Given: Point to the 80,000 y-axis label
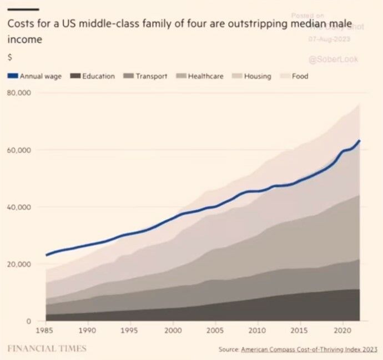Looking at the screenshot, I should coord(19,93).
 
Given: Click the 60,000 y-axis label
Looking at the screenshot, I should coord(19,150).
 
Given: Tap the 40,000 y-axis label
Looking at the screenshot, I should coord(19,207).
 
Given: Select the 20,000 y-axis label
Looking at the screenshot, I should coord(19,265).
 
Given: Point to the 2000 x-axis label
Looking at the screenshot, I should coord(173,330).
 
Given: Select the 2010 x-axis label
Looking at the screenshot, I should coord(258,330).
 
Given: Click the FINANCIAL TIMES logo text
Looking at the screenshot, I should coord(47,348).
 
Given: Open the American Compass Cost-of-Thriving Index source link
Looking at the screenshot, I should coord(309,349).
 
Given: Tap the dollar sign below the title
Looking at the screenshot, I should coord(9,57).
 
